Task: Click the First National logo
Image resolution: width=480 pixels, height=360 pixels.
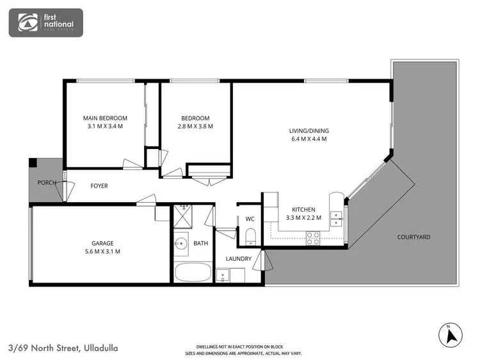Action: pos(45,22)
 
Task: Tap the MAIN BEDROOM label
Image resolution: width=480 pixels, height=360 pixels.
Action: pos(105,118)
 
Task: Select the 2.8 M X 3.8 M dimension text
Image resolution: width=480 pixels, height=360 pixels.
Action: pos(195,127)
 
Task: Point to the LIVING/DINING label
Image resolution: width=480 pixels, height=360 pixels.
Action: pos(309,131)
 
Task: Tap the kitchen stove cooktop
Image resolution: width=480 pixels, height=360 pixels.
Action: pos(314,238)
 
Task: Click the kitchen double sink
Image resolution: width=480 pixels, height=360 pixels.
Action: pos(336,219)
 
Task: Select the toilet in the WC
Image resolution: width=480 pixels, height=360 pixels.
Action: pos(251,235)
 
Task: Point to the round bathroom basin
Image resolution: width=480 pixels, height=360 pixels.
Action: pos(182,244)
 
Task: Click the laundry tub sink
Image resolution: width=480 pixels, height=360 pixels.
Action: pos(223,276)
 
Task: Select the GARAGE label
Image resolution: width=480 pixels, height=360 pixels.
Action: pos(102,244)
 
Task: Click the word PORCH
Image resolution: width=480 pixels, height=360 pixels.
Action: pos(46,182)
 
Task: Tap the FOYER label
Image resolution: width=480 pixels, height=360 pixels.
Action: pos(99,186)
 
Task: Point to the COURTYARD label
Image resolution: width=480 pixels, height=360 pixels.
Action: pos(413,237)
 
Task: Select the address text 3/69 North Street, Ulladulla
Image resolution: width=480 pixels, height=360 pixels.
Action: pos(63,348)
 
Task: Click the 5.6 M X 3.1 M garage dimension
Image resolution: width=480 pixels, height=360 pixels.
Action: pos(102,251)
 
